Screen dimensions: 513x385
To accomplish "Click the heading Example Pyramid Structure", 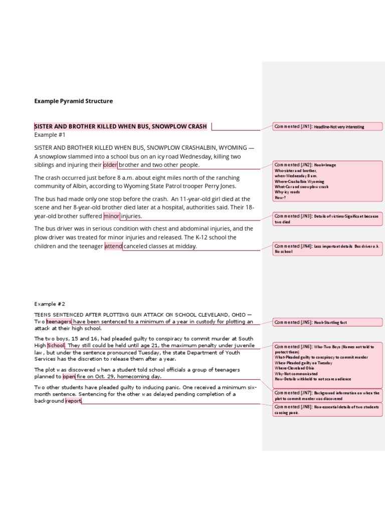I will (x=73, y=101).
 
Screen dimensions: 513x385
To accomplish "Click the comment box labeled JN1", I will (x=326, y=127).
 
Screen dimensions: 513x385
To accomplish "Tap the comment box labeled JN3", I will (x=326, y=218).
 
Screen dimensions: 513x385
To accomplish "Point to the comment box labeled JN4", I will (x=326, y=248).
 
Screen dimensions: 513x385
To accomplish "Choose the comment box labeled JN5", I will (x=326, y=322).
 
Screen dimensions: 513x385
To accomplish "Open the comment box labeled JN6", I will (x=326, y=363).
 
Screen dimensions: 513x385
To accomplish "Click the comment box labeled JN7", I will (x=326, y=396).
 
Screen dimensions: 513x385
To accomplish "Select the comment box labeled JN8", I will (x=326, y=410).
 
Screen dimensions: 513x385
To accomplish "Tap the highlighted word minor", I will (x=111, y=216).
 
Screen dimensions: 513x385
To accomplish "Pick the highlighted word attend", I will (x=113, y=246).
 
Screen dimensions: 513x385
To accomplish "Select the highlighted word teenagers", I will (x=59, y=322).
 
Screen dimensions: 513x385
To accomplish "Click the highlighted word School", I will (x=56, y=346).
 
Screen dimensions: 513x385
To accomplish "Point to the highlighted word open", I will (x=69, y=376).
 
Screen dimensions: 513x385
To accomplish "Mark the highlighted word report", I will (x=73, y=401).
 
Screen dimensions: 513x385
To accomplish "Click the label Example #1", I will (x=50, y=135).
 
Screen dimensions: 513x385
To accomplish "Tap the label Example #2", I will (x=50, y=304).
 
